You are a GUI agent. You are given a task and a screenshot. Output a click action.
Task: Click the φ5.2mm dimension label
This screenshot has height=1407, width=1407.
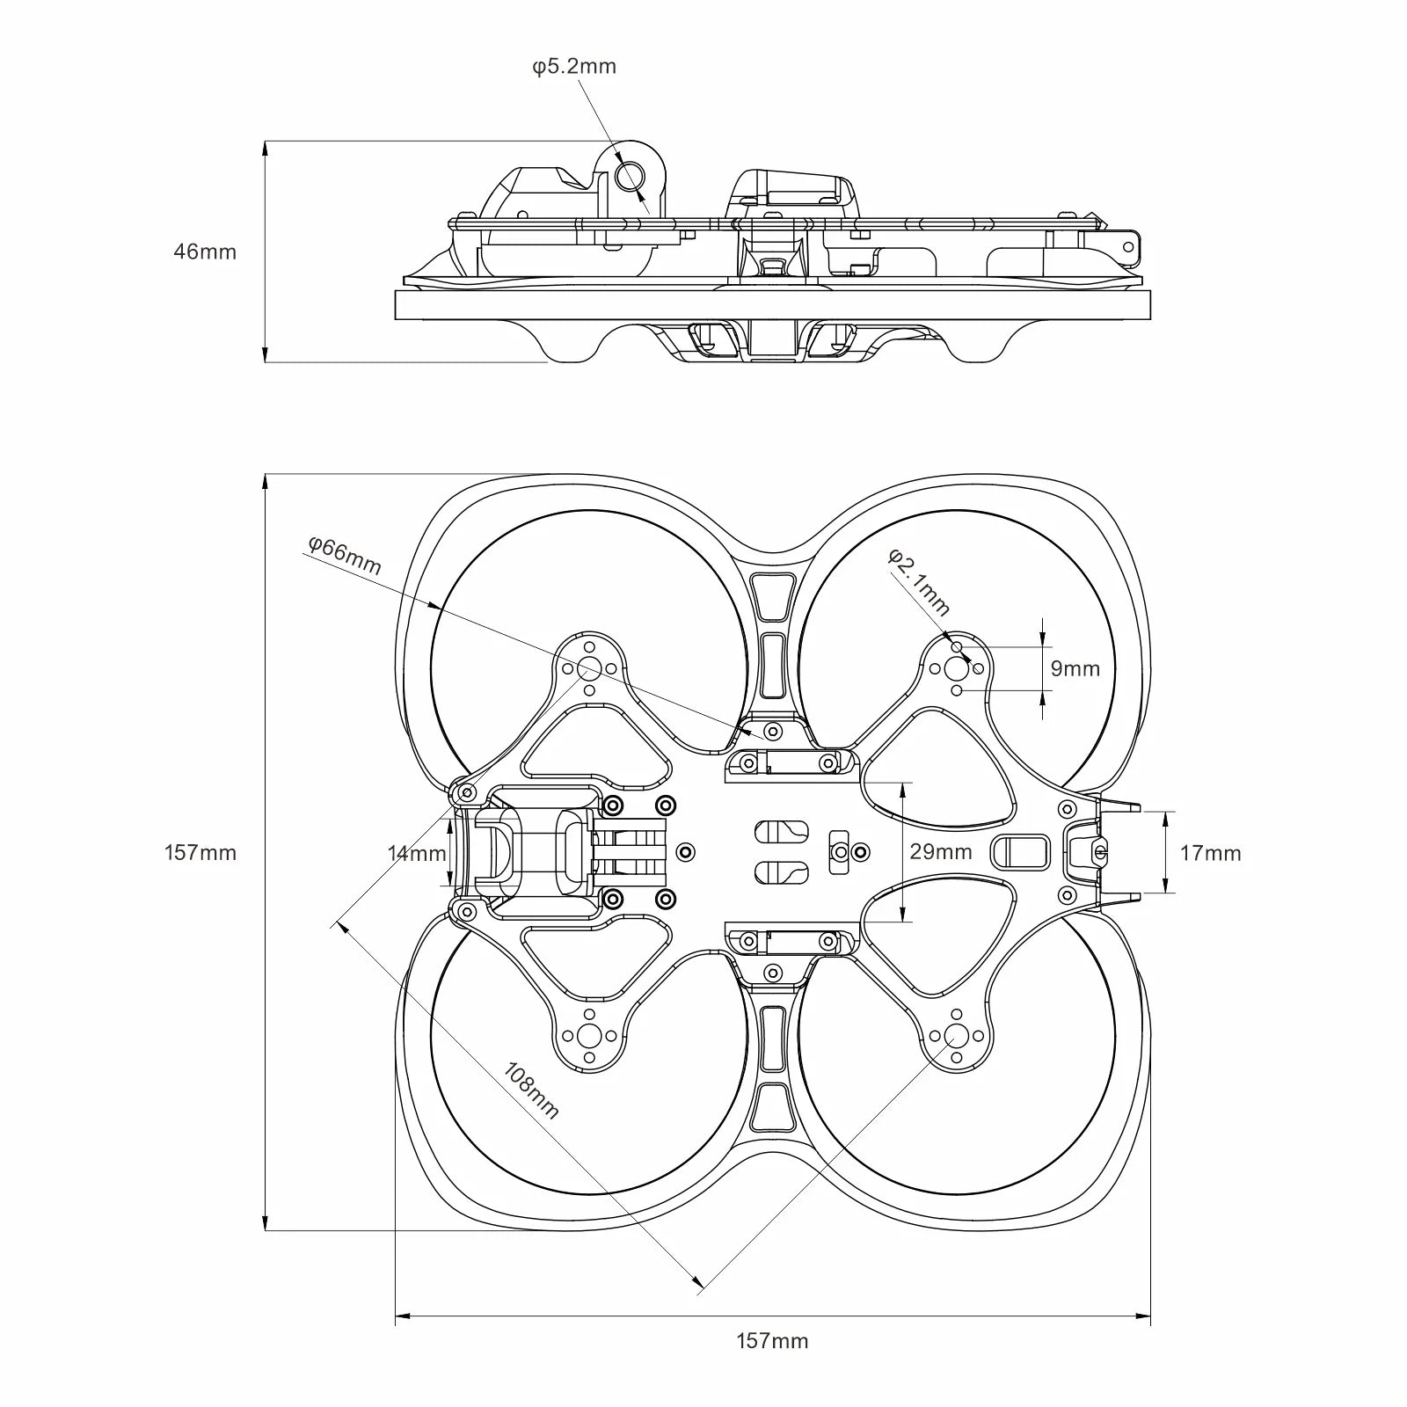tap(574, 66)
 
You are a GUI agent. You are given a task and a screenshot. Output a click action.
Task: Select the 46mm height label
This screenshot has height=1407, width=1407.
tap(205, 252)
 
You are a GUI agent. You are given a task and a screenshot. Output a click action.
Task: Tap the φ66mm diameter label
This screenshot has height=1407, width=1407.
tap(344, 556)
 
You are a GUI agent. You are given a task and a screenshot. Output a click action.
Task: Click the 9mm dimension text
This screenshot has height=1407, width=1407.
tap(1075, 668)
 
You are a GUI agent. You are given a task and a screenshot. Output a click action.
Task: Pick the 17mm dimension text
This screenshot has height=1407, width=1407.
tap(1210, 852)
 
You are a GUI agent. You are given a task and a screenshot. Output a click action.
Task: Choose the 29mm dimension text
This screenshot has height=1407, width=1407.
tap(941, 851)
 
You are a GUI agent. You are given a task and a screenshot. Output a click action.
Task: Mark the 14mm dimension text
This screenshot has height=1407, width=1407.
tap(417, 852)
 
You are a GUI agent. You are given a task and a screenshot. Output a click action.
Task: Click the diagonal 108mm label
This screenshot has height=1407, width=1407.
tap(531, 1090)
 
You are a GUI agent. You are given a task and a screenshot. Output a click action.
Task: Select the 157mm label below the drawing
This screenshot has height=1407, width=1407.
tap(771, 1365)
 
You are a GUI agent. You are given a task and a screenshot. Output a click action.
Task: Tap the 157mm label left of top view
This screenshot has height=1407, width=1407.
tap(200, 852)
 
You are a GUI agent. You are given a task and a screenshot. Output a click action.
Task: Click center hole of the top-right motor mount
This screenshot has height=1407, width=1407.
tap(956, 669)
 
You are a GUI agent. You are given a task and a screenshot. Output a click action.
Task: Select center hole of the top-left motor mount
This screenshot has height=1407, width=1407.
tap(589, 669)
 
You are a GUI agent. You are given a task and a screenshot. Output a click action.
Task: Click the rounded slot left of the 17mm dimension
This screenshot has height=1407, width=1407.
tap(1020, 850)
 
